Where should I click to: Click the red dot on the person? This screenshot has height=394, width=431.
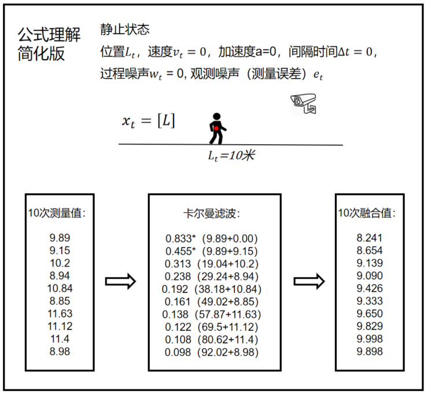point(216,128)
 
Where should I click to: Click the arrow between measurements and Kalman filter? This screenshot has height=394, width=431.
point(120,281)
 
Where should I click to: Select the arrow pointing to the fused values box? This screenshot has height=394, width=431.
point(310,281)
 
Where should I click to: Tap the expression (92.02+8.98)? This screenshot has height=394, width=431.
point(230,352)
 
